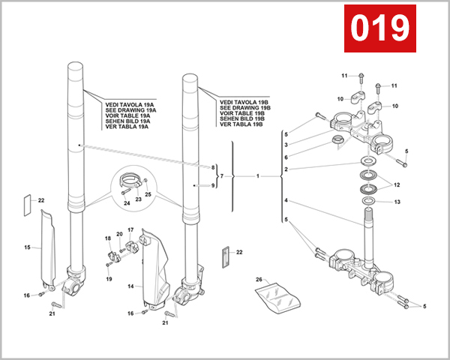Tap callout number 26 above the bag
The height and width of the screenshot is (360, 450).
click(x=259, y=280)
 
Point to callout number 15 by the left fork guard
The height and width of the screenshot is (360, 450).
click(x=26, y=247)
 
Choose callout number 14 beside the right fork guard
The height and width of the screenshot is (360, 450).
click(x=130, y=286)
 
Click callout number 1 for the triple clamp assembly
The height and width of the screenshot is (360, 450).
click(x=257, y=177)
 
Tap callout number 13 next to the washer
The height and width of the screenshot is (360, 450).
click(x=398, y=202)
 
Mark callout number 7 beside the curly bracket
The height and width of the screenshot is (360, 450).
click(x=222, y=175)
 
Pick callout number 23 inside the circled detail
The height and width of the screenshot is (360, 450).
click(x=137, y=199)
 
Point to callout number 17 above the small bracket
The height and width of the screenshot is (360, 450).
click(x=130, y=229)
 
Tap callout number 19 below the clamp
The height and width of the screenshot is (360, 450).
click(x=109, y=278)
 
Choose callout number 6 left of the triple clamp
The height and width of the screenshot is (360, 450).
click(x=286, y=157)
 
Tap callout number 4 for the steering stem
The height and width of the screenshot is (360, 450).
click(x=286, y=201)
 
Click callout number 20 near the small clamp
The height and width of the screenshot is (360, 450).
click(x=118, y=235)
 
